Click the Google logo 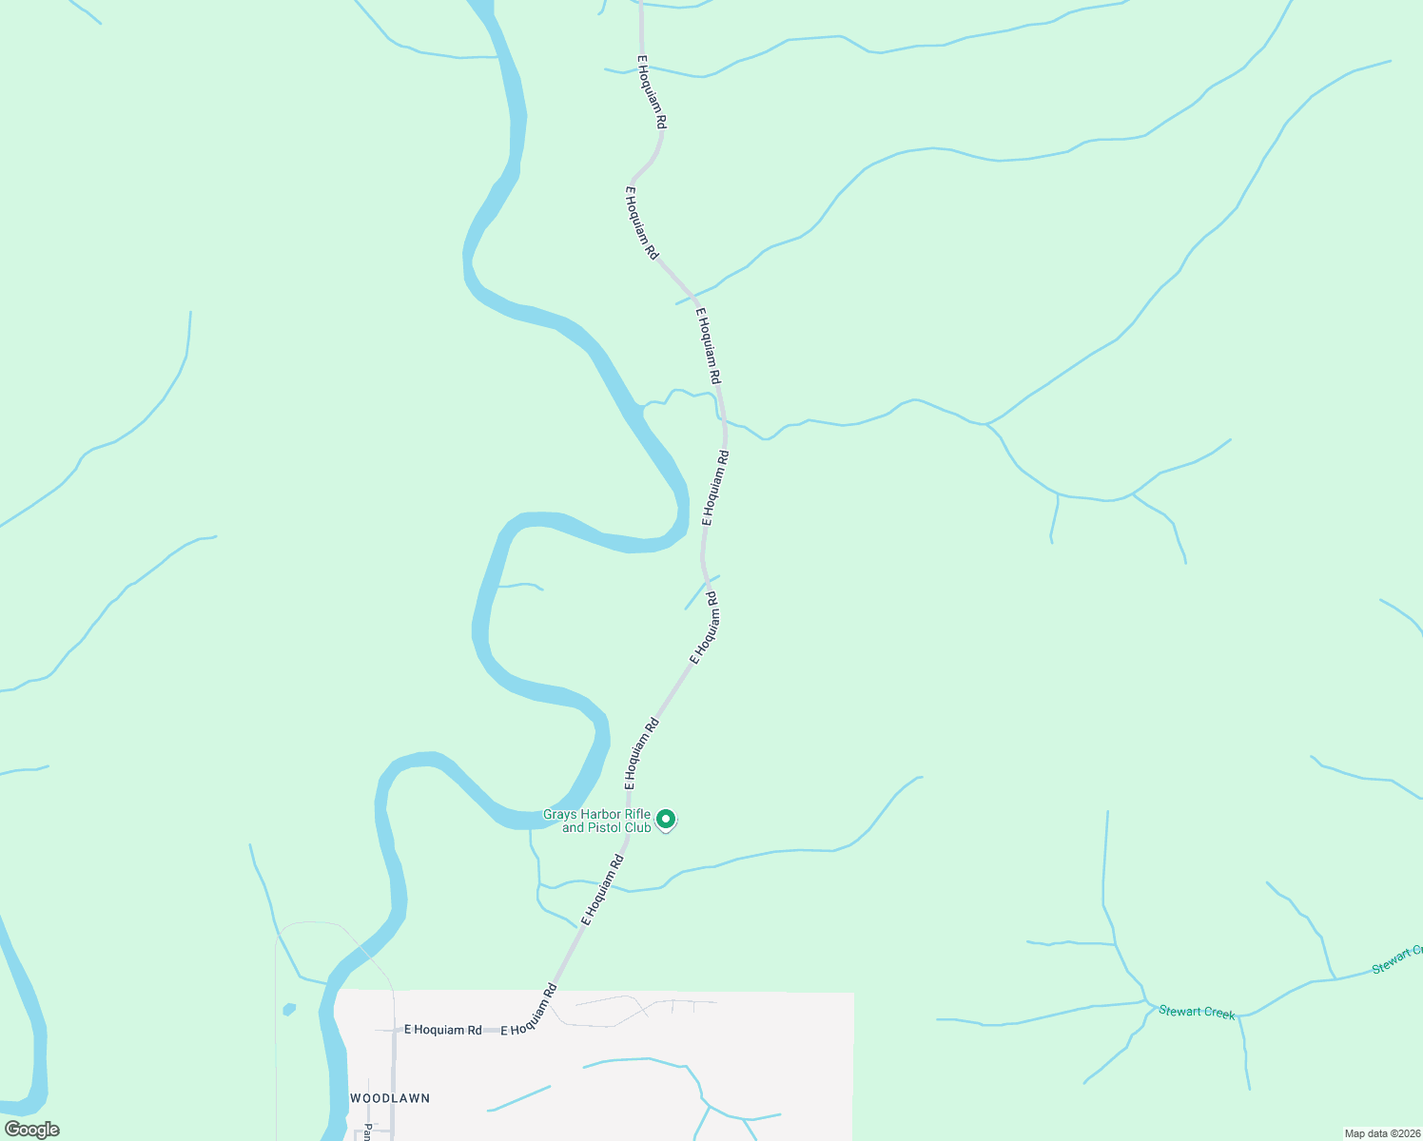pos(32,1130)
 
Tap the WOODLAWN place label pos(390,1098)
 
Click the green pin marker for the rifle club pos(667,819)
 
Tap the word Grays pos(560,815)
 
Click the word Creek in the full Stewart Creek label pos(1218,1014)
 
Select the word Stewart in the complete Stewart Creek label pos(1179,1011)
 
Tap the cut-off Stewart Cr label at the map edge pos(1397,959)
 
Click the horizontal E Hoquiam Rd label pos(442,1030)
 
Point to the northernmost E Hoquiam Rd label pos(652,92)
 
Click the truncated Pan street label pos(366,1132)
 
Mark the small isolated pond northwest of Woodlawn pos(289,1009)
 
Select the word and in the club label pos(573,828)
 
